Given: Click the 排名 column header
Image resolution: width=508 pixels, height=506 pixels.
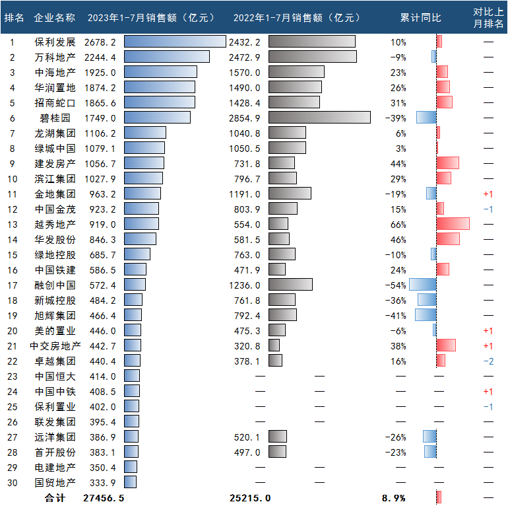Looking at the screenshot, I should (14, 17).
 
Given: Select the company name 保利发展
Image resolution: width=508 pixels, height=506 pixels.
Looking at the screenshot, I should (55, 42).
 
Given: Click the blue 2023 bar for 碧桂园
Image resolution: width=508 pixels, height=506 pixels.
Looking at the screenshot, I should (157, 118).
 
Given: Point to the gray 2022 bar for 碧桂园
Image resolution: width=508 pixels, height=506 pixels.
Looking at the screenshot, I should (319, 118).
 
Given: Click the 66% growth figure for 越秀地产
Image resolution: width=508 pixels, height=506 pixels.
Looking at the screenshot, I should (398, 224).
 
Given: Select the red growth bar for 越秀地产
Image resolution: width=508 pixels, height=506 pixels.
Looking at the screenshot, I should (453, 224).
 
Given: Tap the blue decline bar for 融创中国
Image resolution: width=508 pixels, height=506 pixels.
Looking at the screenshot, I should (423, 285).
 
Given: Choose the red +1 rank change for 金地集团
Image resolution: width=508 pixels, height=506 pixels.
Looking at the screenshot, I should (488, 194).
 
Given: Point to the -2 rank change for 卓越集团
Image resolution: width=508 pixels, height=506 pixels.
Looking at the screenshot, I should (488, 361).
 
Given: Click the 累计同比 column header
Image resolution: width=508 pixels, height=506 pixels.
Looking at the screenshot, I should (420, 17).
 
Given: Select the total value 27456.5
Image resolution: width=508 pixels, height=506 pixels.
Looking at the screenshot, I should (104, 497).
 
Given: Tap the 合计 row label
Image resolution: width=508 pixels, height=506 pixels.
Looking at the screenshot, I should (55, 497).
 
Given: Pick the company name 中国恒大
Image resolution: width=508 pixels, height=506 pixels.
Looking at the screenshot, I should (55, 376).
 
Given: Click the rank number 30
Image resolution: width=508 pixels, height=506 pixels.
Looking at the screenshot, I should (12, 482).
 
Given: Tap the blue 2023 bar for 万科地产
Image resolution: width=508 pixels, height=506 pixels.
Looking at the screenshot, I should (166, 57).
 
